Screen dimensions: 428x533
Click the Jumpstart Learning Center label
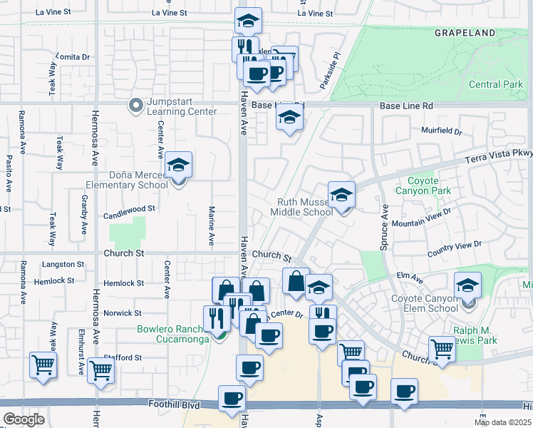tap(181, 106)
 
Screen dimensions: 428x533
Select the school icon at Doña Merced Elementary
tap(178, 166)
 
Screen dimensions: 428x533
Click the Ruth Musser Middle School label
tap(305, 207)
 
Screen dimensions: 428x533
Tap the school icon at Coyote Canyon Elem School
tap(467, 286)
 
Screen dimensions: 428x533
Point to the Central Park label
tap(496, 84)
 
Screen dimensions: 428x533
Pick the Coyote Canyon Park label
tap(430, 185)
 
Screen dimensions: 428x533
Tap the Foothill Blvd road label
tap(171, 405)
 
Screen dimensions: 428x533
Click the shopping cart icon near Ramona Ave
tap(43, 365)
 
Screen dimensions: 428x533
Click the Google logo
tap(24, 419)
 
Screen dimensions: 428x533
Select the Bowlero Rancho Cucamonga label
tap(174, 334)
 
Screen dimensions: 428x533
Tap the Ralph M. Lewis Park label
tap(485, 335)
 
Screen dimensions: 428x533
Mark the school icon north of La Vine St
tap(248, 21)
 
